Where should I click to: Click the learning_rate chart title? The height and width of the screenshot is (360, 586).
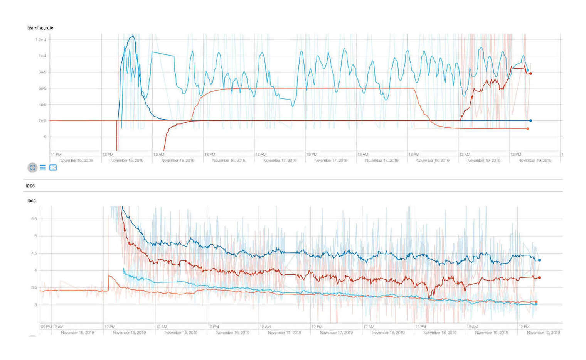click(x=40, y=28)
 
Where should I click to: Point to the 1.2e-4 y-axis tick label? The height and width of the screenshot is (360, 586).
click(x=40, y=40)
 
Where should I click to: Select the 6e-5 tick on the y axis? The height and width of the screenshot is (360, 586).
click(x=42, y=88)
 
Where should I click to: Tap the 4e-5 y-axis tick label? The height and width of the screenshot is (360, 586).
click(x=42, y=105)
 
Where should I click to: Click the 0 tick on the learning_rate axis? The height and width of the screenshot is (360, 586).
click(x=45, y=137)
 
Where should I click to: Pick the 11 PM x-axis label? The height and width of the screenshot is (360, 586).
click(x=56, y=154)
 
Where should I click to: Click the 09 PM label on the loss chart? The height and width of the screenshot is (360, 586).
click(x=46, y=327)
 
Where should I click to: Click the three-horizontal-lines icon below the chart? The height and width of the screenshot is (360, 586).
click(x=43, y=167)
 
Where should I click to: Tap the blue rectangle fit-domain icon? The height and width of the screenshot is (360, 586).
click(x=53, y=167)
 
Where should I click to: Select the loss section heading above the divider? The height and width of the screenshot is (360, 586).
click(x=30, y=186)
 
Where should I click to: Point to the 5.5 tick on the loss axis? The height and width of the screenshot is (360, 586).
click(x=34, y=219)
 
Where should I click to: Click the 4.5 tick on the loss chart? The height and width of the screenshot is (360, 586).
click(x=34, y=253)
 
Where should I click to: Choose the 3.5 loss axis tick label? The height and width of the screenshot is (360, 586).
click(x=34, y=287)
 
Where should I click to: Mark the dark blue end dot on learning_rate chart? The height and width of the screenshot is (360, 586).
click(x=530, y=121)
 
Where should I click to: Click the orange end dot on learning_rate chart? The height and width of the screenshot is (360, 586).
click(x=527, y=128)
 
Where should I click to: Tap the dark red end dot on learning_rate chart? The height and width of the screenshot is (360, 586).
click(x=530, y=73)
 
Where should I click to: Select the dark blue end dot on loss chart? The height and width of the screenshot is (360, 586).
click(x=539, y=260)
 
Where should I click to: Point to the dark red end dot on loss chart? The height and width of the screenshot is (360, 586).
click(x=539, y=278)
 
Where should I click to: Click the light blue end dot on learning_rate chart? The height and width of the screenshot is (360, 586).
click(x=527, y=70)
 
